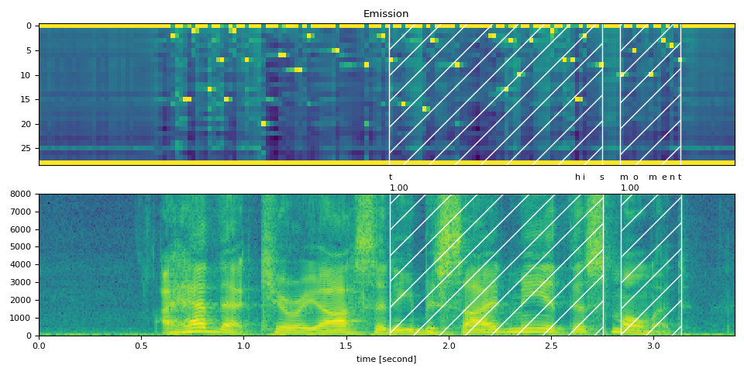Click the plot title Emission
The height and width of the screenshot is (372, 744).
(x=386, y=14)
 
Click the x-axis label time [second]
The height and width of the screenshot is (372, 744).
(x=386, y=359)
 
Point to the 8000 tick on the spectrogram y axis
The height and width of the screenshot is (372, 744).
(x=20, y=194)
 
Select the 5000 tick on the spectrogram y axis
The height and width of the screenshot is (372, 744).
(x=20, y=247)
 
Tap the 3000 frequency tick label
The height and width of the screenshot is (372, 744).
(x=20, y=282)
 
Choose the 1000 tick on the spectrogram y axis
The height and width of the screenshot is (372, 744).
(x=20, y=318)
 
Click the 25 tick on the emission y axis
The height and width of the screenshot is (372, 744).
(x=26, y=148)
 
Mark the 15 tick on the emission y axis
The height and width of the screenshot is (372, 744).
(x=26, y=99)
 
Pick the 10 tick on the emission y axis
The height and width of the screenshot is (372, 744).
(x=26, y=75)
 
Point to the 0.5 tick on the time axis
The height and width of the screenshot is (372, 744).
(x=141, y=346)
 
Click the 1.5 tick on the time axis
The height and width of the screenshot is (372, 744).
(x=346, y=346)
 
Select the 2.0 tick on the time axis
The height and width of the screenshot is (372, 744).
(x=449, y=346)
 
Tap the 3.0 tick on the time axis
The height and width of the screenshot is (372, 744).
(x=653, y=346)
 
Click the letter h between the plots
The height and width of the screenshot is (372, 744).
(x=577, y=177)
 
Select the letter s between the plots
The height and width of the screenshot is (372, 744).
(x=601, y=177)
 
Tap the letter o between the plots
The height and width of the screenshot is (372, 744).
(x=635, y=177)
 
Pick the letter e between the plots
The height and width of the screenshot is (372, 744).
(x=664, y=177)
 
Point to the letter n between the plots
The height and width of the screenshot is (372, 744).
(x=672, y=177)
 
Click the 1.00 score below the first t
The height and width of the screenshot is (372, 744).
(x=398, y=188)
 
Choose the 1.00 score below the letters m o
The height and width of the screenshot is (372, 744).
(x=629, y=188)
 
